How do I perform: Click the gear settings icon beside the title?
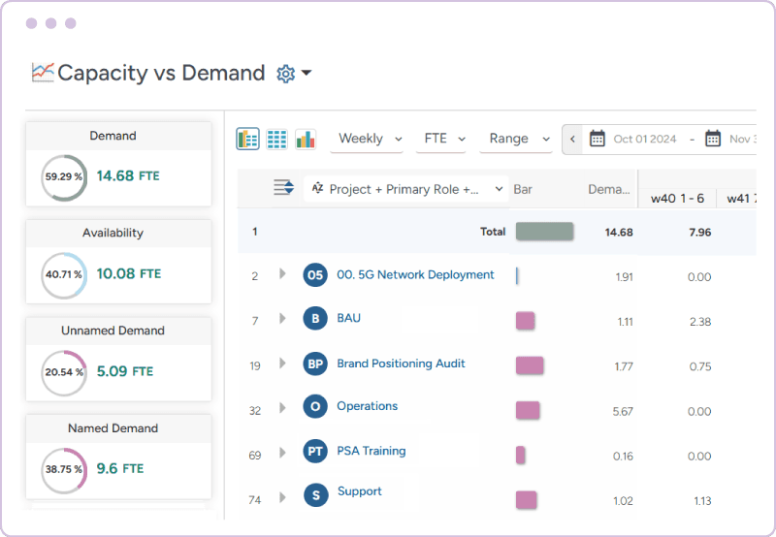click(x=285, y=74)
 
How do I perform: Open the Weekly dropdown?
click(x=370, y=140)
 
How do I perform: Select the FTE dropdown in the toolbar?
click(x=445, y=140)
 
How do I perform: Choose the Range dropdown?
click(x=518, y=140)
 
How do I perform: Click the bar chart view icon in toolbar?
click(x=306, y=140)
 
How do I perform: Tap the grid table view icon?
click(x=276, y=140)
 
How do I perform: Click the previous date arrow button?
click(x=572, y=140)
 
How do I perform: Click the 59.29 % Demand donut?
click(x=64, y=177)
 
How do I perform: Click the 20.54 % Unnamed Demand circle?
click(x=64, y=372)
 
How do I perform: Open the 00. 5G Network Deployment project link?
click(x=415, y=275)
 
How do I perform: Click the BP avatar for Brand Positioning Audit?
click(x=315, y=364)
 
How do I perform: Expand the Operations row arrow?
click(x=282, y=408)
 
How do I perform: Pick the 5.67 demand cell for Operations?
click(x=623, y=412)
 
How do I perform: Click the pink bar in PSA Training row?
click(x=521, y=455)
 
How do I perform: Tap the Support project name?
click(x=360, y=492)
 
